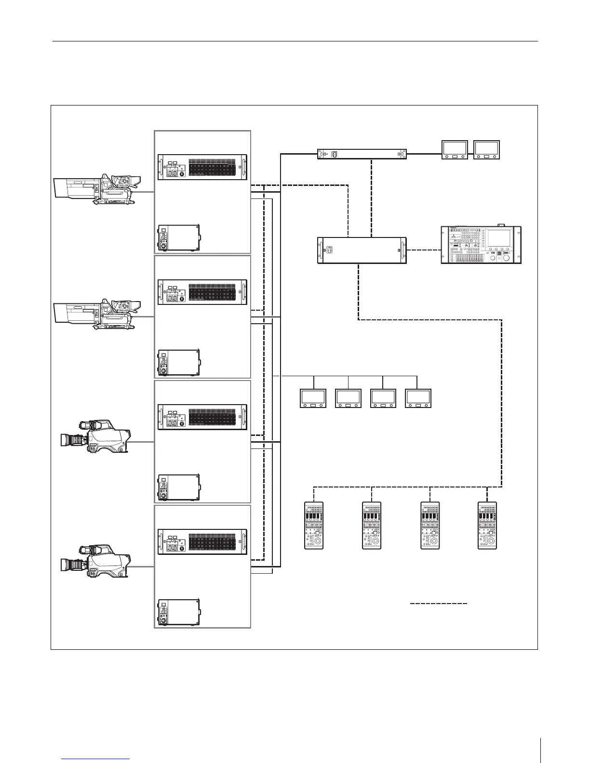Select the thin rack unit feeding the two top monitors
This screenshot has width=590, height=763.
click(362, 154)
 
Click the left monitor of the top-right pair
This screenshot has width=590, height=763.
click(455, 150)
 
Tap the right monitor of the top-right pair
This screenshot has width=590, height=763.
click(487, 150)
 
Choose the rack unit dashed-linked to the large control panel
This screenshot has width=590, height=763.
click(362, 250)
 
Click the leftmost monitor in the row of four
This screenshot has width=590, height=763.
click(313, 398)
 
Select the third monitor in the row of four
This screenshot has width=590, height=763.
click(383, 398)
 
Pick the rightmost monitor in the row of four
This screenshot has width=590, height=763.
click(418, 398)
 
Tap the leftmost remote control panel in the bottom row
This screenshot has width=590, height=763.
click(314, 525)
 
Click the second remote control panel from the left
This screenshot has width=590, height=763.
click(372, 525)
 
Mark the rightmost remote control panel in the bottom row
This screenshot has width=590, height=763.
click(487, 525)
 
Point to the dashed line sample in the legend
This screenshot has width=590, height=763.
click(438, 603)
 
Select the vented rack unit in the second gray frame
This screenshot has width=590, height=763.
click(202, 292)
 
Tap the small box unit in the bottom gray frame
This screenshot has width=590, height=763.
click(178, 613)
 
